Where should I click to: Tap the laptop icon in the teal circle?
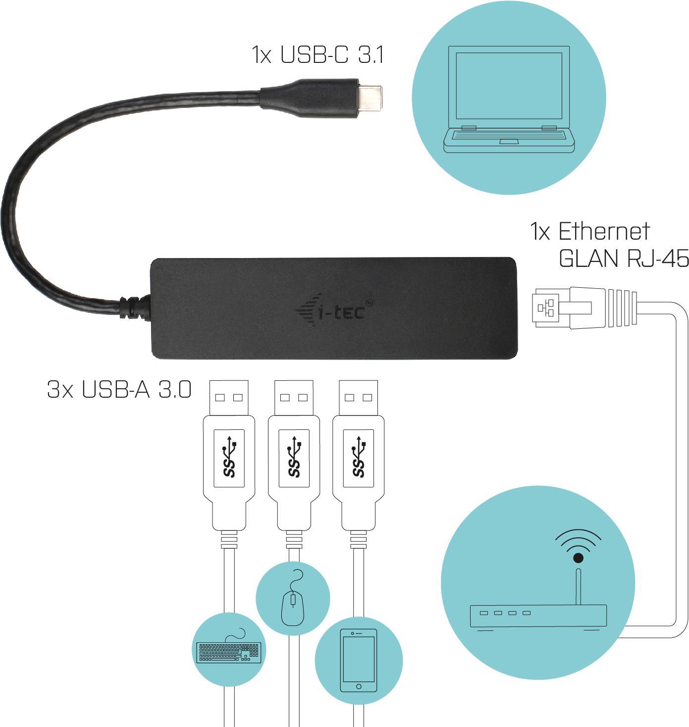click(509, 99)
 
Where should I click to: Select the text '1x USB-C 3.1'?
click(318, 54)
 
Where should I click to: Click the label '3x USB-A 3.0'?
click(119, 390)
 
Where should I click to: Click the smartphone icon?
click(359, 661)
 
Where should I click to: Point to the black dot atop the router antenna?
click(578, 559)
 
